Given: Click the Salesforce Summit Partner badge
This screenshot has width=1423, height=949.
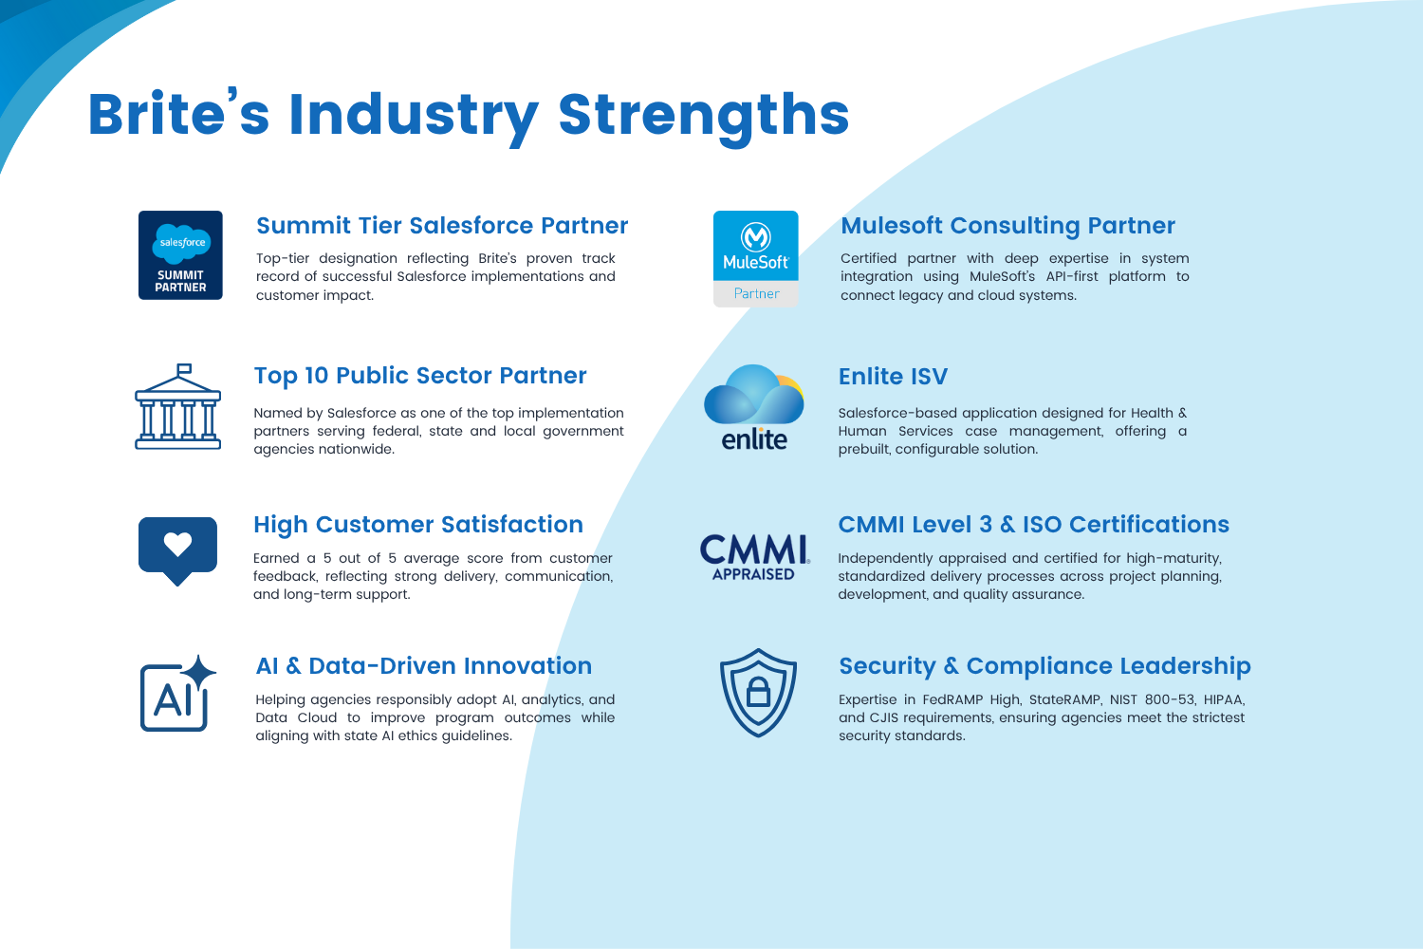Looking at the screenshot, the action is point(180,255).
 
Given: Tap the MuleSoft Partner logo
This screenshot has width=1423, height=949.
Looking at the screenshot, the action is point(755,259).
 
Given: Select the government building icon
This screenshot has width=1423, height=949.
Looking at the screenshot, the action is point(178,407).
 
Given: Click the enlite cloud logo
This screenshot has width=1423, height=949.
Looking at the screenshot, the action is point(754,407).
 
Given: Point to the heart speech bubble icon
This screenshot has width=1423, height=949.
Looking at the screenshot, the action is point(178,550).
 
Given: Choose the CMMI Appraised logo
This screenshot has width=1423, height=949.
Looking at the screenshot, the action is point(755,557).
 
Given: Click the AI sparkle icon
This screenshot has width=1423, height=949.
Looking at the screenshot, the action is point(178,694).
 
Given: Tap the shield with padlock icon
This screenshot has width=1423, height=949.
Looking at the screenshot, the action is point(758,693).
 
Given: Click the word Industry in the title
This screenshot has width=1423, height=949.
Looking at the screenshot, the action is point(414,116).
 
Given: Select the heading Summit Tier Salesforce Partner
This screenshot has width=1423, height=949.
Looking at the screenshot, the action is point(442,226).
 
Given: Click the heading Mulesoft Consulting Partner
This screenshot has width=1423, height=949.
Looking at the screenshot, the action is point(1007,226).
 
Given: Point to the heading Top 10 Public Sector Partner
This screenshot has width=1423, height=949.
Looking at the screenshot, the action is point(420,376).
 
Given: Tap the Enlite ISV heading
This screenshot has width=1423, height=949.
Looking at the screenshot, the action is point(893,377).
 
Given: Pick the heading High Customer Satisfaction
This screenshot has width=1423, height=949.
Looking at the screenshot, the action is point(418,525).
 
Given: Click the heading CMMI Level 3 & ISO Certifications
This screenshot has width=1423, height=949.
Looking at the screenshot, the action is point(1034,525).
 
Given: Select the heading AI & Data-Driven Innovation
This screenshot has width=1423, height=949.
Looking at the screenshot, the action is point(424,666).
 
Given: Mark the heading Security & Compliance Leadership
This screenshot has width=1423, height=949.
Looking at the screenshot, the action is point(1044,666).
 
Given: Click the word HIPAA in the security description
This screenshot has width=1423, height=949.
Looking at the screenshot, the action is point(1224,699).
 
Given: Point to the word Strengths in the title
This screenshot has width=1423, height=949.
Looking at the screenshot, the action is point(704,116).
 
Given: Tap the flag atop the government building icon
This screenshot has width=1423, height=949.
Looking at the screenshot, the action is point(184,368).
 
